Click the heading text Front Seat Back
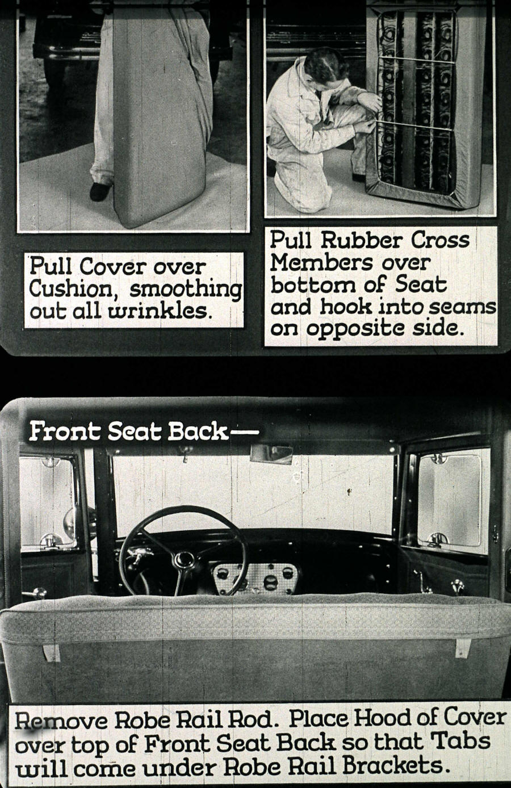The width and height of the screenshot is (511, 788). [128, 433]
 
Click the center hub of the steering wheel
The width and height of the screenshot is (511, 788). [183, 559]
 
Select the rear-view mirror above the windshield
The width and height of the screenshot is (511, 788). [271, 453]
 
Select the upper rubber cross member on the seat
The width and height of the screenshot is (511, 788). [411, 60]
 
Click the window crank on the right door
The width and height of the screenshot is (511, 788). [421, 578]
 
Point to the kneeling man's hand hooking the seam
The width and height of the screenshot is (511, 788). [370, 102]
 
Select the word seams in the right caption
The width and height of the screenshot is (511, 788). [468, 307]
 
